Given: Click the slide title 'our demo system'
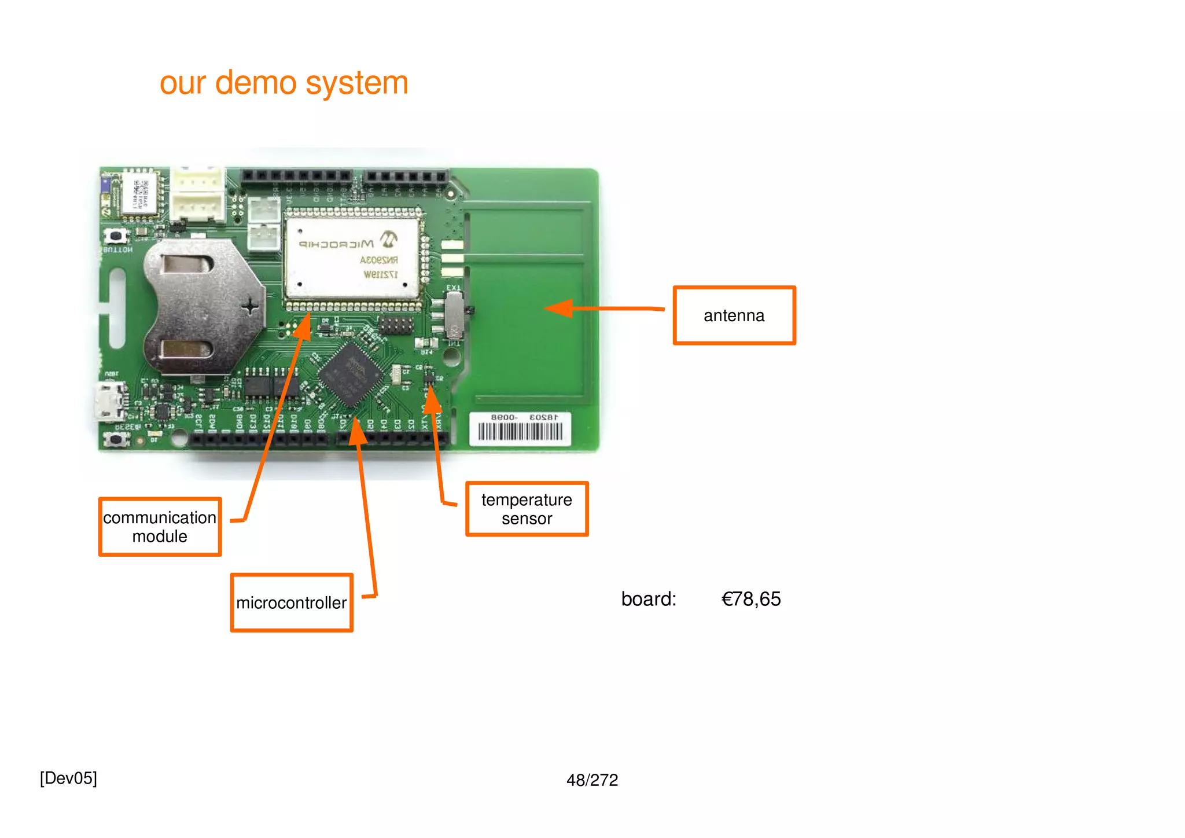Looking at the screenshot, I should pos(284,83).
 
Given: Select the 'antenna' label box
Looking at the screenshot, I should pos(734,315).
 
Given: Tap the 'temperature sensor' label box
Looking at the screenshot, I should pos(527,509).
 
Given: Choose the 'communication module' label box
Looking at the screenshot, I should pos(160,527).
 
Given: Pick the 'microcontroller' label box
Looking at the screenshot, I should pos(291,602).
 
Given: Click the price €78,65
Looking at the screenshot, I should pos(750,599).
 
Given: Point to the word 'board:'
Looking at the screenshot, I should pos(648,599).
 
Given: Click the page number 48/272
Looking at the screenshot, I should pos(592,780).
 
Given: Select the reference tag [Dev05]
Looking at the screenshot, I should pos(68,778).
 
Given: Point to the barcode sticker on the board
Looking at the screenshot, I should pos(520,429).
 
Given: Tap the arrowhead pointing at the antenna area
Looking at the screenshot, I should pos(559,308).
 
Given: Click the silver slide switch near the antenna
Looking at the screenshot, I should pos(455,315).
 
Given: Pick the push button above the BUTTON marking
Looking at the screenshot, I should pos(116,236).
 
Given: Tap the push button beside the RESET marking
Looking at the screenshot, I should pos(116,439).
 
